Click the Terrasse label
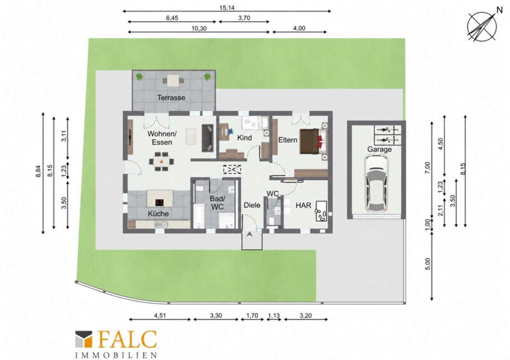click(171, 97)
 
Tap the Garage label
click(379, 150)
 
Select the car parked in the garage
click(377, 184)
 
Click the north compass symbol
click(482, 26)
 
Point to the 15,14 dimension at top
click(227, 8)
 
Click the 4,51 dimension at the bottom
click(160, 315)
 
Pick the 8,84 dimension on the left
click(38, 171)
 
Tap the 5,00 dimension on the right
click(428, 264)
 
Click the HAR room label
click(303, 206)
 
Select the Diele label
click(252, 205)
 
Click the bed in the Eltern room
click(313, 141)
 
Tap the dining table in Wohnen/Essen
click(161, 161)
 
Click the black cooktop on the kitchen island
click(159, 203)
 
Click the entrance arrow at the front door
click(249, 233)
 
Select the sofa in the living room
click(208, 138)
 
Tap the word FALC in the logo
click(127, 340)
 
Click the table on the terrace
click(173, 80)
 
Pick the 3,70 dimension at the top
click(244, 18)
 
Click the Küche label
click(158, 213)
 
